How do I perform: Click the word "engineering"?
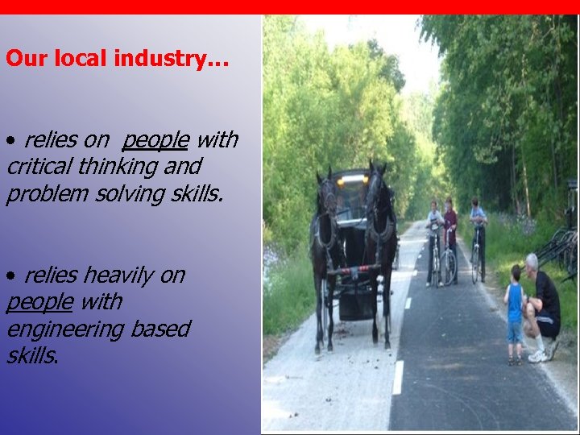[57, 329]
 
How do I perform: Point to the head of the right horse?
[376, 190]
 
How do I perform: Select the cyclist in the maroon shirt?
[450, 230]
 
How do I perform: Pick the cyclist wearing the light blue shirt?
[478, 222]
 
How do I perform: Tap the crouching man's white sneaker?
[538, 355]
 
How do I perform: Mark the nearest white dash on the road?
[398, 376]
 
